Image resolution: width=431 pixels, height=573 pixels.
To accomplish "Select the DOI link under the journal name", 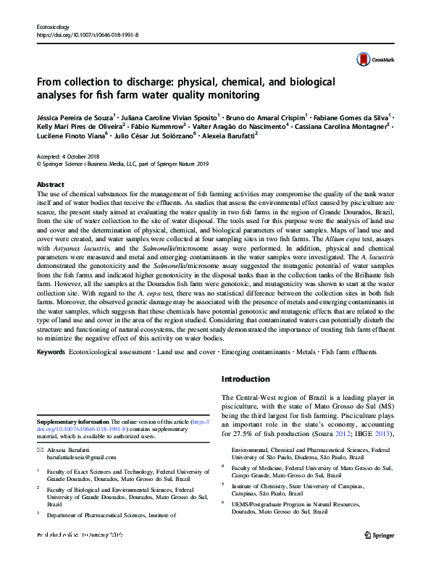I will pyautogui.click(x=87, y=34).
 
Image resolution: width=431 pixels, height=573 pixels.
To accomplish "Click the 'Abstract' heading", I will pyautogui.click(x=50, y=185).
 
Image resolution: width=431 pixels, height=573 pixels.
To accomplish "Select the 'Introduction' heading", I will pyautogui.click(x=245, y=379).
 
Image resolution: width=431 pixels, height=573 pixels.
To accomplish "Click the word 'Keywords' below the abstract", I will pyautogui.click(x=50, y=352).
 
